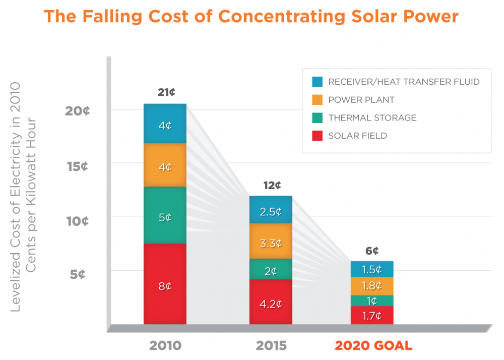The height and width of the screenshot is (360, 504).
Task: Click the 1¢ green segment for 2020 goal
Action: [x=372, y=301]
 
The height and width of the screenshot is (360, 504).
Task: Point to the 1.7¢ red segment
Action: [x=372, y=316]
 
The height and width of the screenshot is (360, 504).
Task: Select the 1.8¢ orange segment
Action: [x=372, y=286]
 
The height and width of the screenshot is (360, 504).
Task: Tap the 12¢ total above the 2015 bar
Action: [x=272, y=185]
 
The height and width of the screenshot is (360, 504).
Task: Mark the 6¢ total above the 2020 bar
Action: [x=372, y=251]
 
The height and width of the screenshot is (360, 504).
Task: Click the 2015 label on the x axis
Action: [x=271, y=346]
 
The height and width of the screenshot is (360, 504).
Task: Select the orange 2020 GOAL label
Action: [x=373, y=346]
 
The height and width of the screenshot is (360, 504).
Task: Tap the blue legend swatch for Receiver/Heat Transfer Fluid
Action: [x=317, y=82]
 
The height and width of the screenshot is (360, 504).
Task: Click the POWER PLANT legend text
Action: [x=361, y=100]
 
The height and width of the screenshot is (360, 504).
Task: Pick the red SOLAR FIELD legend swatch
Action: [x=317, y=136]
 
